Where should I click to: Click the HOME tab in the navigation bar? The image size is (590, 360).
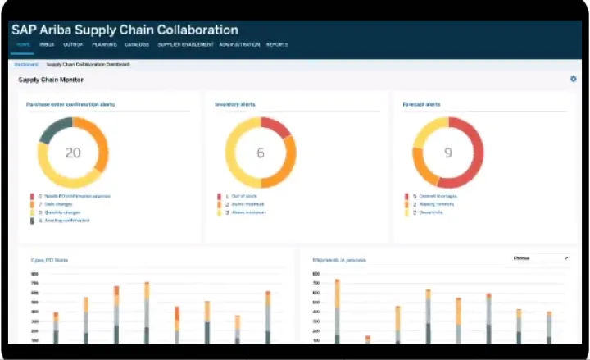pyautogui.click(x=23, y=44)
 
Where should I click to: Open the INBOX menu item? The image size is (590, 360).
pyautogui.click(x=47, y=44)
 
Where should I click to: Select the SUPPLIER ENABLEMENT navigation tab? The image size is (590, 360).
pyautogui.click(x=185, y=44)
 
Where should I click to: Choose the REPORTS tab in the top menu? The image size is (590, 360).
pyautogui.click(x=277, y=44)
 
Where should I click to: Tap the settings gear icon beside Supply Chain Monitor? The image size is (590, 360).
pyautogui.click(x=574, y=80)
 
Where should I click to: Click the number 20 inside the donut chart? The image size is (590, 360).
pyautogui.click(x=73, y=153)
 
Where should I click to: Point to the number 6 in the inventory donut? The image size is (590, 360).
pyautogui.click(x=261, y=153)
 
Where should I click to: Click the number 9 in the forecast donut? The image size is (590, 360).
pyautogui.click(x=447, y=153)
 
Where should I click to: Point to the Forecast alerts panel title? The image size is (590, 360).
pyautogui.click(x=421, y=105)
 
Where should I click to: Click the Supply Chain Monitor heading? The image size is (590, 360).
pyautogui.click(x=51, y=80)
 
